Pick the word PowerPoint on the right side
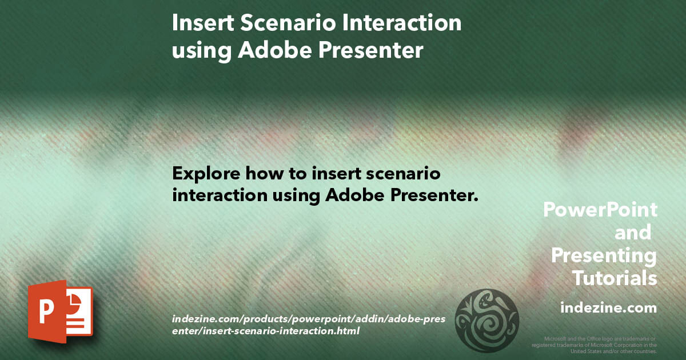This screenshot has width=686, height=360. (x=600, y=210)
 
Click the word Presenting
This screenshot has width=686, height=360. (x=604, y=255)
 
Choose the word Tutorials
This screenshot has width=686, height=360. (x=614, y=278)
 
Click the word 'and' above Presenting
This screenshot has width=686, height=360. (x=632, y=233)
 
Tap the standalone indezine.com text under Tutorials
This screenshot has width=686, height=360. (x=608, y=308)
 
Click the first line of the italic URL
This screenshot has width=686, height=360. (x=312, y=318)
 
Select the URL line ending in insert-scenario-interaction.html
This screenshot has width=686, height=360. (x=265, y=330)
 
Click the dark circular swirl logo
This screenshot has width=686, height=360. (x=486, y=320)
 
